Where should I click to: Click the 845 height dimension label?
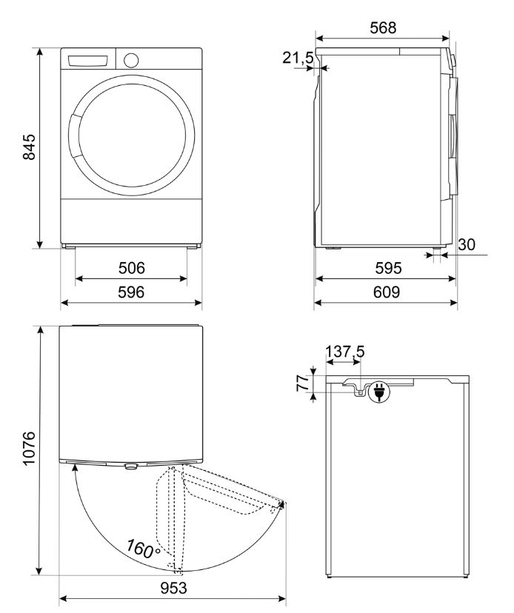tap(28, 149)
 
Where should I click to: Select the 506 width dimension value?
tap(131, 268)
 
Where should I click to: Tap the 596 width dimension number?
tap(131, 292)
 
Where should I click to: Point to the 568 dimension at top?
tap(382, 28)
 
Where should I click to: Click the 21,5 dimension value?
tap(297, 58)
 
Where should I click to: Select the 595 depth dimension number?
tap(386, 268)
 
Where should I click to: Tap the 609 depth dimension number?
tap(386, 292)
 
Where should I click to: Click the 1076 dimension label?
tap(28, 449)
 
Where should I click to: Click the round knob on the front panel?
tap(132, 60)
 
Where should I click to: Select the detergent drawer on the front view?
tap(89, 61)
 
